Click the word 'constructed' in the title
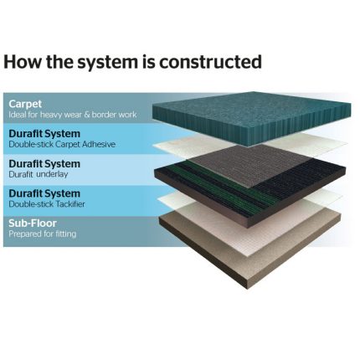click(210, 62)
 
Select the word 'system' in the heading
click(107, 63)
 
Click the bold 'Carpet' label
click(25, 105)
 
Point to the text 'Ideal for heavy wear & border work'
click(73, 115)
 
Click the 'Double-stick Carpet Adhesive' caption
click(62, 144)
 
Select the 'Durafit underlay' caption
click(39, 174)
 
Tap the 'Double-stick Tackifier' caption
click(47, 204)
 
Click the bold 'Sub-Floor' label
click(33, 223)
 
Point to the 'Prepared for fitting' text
click(43, 234)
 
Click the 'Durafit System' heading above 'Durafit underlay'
click(44, 163)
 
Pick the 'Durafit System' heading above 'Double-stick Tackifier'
click(44, 193)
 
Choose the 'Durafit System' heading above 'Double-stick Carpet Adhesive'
click(44, 134)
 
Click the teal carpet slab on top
click(251, 117)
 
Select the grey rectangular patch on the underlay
click(251, 165)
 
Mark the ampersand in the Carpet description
click(87, 115)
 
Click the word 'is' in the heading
click(148, 62)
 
